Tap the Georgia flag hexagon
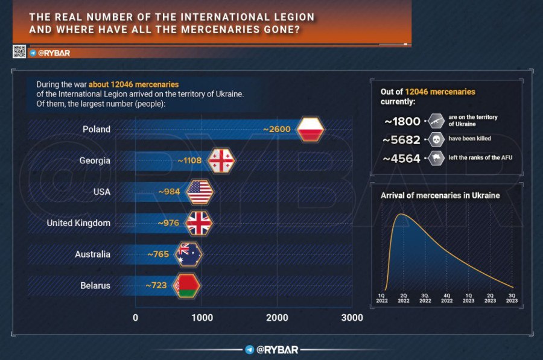220,161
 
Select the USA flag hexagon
200,192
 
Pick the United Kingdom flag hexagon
199,223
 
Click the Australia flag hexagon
189,254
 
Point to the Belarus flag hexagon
186,285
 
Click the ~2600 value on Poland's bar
277,129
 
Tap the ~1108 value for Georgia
189,161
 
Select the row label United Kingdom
78,223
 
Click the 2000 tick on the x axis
277,318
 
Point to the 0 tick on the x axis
135,318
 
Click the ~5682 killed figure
403,139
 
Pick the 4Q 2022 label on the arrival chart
446,298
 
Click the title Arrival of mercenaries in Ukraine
440,195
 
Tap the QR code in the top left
19,52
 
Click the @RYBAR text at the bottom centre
278,350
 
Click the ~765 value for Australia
158,254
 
